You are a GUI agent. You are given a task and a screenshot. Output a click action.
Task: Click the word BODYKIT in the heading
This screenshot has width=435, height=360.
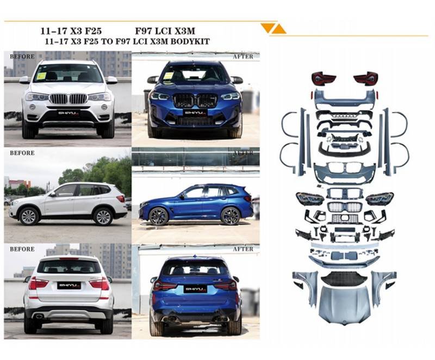(190, 42)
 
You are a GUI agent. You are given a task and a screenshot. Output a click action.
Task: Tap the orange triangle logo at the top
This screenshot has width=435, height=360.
(274, 29)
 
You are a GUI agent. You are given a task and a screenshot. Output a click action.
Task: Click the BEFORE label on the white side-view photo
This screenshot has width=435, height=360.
(22, 153)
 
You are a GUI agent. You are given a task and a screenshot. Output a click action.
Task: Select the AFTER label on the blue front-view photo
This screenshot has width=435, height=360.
(243, 57)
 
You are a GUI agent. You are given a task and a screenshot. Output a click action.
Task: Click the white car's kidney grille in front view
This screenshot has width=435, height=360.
(69, 98)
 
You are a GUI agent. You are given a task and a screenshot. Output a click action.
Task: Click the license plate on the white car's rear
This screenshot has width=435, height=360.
(69, 285)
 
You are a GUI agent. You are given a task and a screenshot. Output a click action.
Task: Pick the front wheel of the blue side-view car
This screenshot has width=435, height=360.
(158, 216)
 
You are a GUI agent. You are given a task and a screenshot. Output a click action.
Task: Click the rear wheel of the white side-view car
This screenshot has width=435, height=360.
(103, 216)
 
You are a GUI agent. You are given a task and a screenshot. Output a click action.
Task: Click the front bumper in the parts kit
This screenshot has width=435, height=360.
(344, 173)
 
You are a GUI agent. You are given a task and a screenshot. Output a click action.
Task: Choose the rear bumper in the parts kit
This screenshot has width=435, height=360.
(344, 100)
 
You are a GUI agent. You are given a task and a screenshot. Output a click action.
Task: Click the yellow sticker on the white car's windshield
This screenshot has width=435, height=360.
(41, 76)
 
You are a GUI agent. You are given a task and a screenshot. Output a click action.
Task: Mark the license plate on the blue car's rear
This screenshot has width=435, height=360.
(196, 289)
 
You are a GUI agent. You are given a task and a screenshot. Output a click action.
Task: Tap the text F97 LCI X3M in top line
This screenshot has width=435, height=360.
(165, 31)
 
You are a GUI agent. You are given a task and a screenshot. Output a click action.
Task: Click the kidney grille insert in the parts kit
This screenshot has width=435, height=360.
(344, 207)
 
